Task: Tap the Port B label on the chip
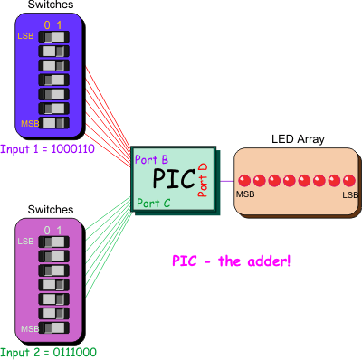(x=150, y=159)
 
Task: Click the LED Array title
(x=298, y=139)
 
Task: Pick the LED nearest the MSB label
(x=243, y=179)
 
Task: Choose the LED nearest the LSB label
(x=348, y=179)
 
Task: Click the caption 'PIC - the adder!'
(x=231, y=261)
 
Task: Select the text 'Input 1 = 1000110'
(x=48, y=147)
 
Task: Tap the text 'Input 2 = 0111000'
(x=48, y=352)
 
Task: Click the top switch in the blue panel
(x=53, y=37)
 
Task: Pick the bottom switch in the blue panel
(x=53, y=122)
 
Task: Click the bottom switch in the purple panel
(x=53, y=327)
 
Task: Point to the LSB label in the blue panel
(x=26, y=36)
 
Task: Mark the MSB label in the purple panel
(x=30, y=327)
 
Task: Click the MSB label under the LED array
(x=244, y=194)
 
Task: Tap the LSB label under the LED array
(x=348, y=194)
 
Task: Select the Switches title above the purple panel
(x=52, y=210)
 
